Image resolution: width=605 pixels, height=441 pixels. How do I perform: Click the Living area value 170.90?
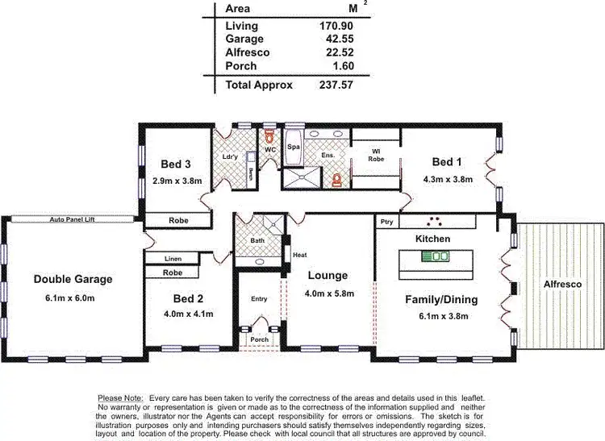tap(336, 26)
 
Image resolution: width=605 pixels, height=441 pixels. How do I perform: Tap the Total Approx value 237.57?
tap(336, 85)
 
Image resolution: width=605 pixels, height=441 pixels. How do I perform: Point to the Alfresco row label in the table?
tap(248, 52)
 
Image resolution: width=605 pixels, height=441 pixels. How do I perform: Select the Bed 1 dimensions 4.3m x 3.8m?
tap(448, 180)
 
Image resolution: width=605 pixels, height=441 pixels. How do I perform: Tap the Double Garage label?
tap(73, 280)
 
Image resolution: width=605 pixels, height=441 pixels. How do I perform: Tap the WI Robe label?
tap(376, 155)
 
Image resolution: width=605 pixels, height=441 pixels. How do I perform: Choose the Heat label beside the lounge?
tap(299, 255)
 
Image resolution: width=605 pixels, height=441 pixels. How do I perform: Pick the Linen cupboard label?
tap(171, 259)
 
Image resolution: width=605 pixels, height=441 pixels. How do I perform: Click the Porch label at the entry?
tap(260, 339)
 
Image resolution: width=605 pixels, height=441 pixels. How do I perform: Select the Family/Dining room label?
tap(440, 300)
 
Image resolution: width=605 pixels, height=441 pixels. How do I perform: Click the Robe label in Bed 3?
tap(178, 220)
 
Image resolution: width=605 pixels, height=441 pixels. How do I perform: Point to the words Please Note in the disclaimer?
tap(119, 398)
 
